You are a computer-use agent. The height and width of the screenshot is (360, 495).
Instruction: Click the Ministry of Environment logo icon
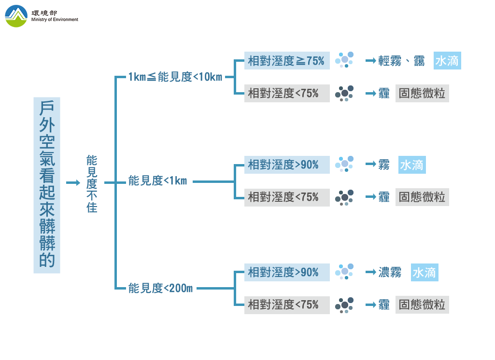tap(16, 16)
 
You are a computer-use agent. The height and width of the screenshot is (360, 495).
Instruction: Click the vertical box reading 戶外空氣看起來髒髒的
tap(47, 185)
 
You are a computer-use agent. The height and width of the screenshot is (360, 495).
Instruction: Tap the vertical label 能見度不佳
tap(92, 184)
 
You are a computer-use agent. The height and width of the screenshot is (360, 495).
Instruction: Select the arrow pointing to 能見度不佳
tap(72, 183)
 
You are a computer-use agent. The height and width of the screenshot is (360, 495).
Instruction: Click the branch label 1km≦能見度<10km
tap(175, 76)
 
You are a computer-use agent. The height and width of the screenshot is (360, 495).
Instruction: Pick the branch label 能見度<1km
tap(157, 181)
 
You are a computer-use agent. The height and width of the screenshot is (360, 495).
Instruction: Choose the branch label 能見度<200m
tap(160, 289)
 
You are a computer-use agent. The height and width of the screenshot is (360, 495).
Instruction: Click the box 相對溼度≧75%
tap(286, 61)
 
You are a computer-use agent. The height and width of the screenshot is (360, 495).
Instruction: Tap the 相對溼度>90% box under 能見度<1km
tap(286, 165)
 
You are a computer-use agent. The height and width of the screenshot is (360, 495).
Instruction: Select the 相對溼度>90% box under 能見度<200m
tap(286, 273)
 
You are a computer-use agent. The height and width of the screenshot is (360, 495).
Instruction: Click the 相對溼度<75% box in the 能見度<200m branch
tap(286, 305)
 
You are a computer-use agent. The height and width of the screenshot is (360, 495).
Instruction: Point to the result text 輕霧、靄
tap(401, 61)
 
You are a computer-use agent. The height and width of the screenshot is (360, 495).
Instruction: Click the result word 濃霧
tap(390, 273)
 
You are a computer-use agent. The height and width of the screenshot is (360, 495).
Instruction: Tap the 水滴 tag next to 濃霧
tap(424, 273)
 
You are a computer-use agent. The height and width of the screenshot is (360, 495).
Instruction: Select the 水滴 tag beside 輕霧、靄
tap(447, 61)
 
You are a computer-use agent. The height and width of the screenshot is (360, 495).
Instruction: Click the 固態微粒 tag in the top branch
tap(422, 93)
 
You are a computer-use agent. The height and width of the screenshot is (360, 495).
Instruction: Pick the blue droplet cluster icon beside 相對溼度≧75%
tap(345, 59)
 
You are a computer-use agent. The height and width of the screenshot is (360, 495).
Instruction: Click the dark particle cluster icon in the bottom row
tap(345, 305)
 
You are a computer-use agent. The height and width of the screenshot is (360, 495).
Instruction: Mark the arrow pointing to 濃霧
tap(370, 273)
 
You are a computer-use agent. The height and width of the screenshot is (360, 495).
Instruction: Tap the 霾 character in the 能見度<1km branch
tap(384, 197)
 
